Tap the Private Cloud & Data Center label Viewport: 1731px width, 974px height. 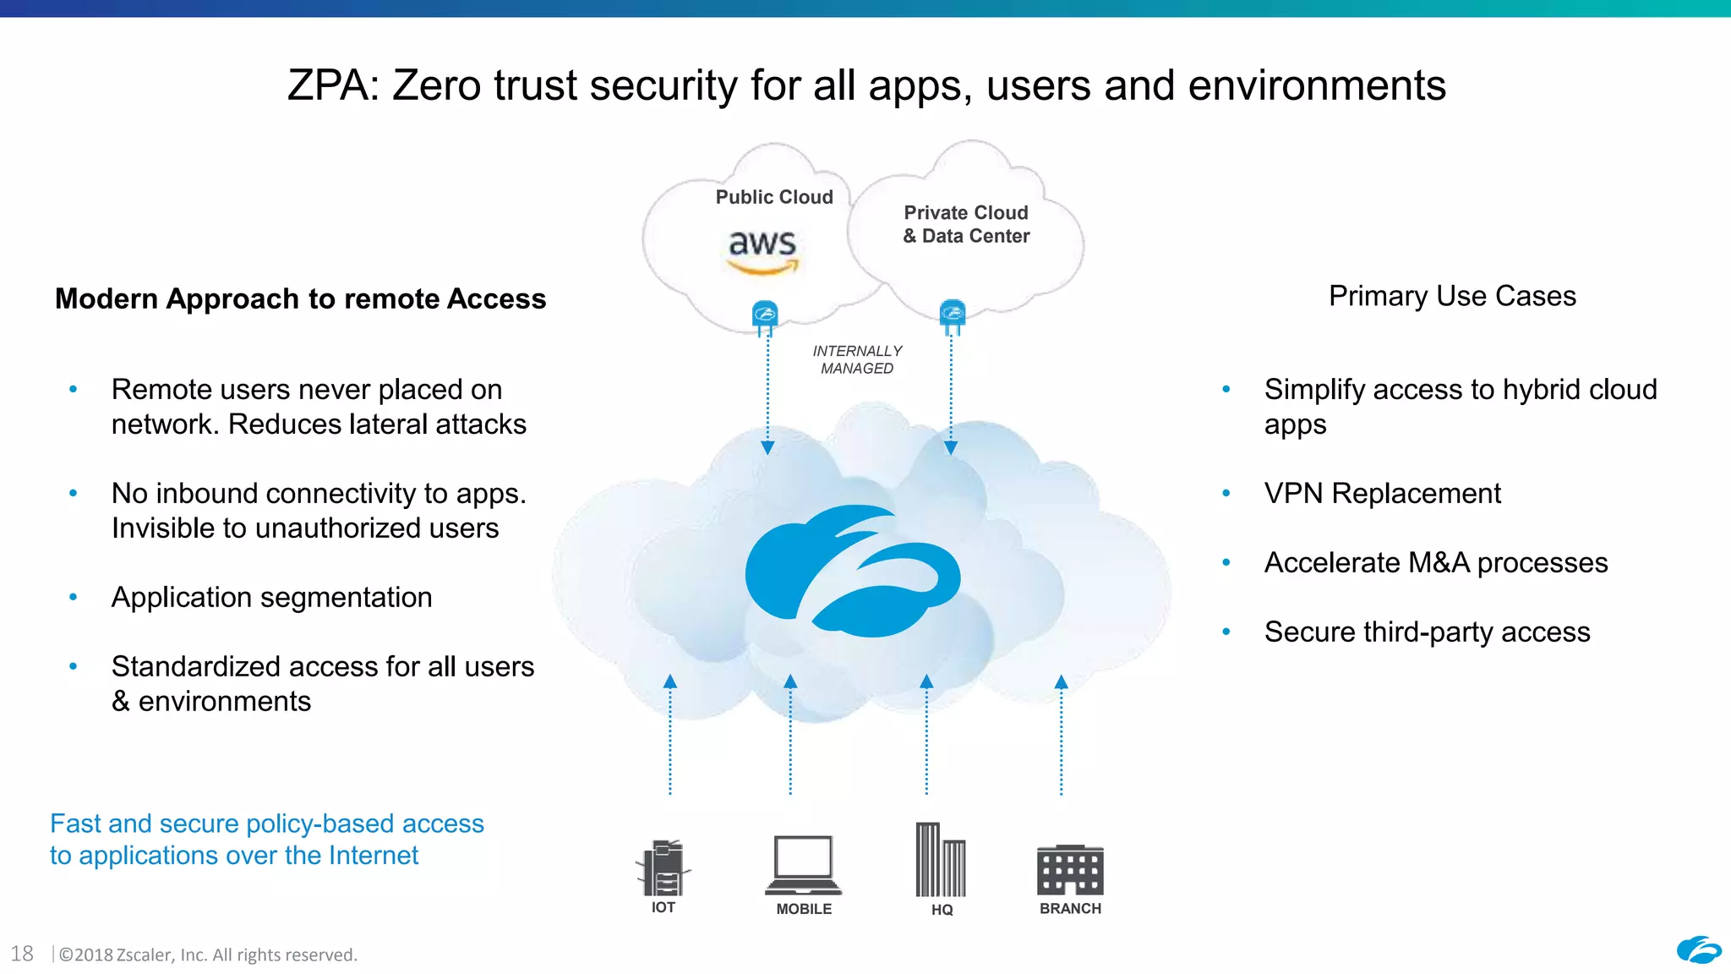pos(966,224)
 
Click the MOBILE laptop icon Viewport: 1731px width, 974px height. pos(803,865)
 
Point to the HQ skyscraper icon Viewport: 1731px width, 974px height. pos(940,860)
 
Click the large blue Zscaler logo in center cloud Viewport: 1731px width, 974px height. pos(852,571)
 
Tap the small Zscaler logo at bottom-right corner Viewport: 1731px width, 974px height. pos(1698,950)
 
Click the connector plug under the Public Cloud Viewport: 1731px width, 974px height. pos(765,317)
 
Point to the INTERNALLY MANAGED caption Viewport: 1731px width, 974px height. pos(857,359)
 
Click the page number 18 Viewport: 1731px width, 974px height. pos(22,954)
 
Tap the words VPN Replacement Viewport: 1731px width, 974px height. pos(1382,493)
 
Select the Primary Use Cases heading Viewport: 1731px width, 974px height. pos(1452,296)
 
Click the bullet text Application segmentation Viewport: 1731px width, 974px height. pos(271,597)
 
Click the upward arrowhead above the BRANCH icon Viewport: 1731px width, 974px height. pos(1062,682)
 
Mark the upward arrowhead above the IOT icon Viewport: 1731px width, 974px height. pos(670,681)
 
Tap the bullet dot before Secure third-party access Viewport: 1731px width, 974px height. pos(1226,632)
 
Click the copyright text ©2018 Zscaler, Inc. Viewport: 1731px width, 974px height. pos(208,955)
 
